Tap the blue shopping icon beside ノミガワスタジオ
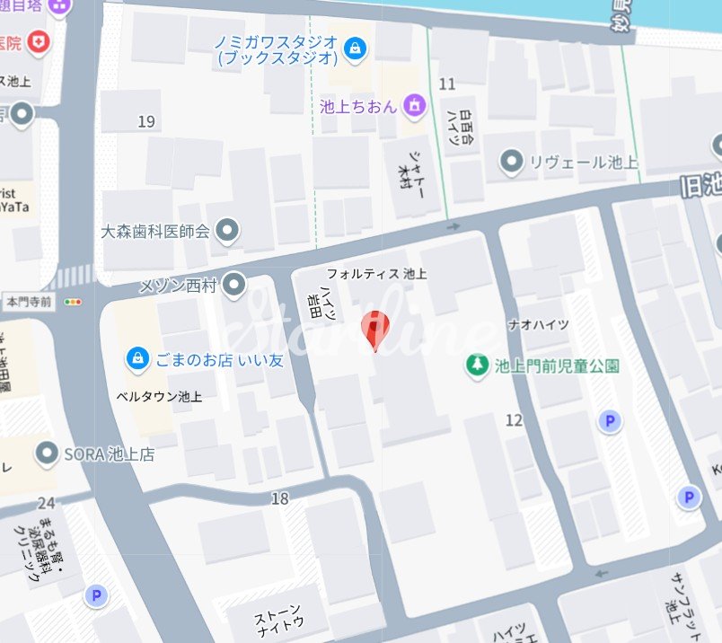point(357,47)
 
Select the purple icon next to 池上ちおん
point(414,106)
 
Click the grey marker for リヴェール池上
point(512,162)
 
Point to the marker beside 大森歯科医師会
point(228,231)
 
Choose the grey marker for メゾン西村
point(234,286)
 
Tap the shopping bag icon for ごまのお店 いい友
point(137,359)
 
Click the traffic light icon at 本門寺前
point(74,303)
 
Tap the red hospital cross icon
point(38,41)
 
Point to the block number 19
point(146,121)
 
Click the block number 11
point(447,84)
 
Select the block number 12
point(514,419)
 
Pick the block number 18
point(279,498)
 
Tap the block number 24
point(47,503)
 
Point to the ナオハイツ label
point(539,324)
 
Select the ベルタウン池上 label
point(159,396)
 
